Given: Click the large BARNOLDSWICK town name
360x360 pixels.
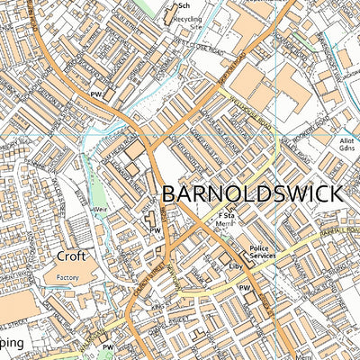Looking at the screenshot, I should coord(251,194).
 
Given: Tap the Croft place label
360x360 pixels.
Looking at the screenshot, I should coord(73,256).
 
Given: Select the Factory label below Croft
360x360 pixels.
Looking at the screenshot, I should coord(68,278).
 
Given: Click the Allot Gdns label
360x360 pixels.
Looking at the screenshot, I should coord(346,147).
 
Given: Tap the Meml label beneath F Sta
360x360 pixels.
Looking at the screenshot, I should coord(226,227).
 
